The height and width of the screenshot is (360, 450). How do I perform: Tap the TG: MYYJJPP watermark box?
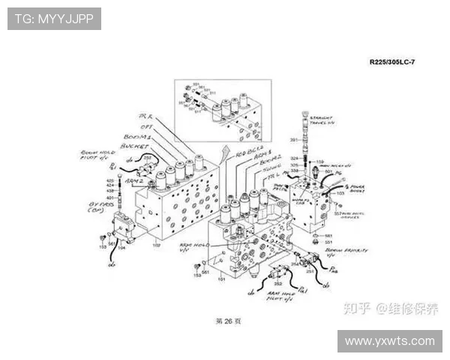coord(54,19)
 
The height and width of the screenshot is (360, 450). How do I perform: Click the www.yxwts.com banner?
coord(389,341)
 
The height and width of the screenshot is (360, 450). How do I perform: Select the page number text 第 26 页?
coord(228,320)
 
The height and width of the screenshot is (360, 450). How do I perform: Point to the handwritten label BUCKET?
coord(135,147)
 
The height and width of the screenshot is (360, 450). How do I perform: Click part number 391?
coord(294,140)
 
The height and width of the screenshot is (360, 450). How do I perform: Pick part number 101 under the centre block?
coord(221,279)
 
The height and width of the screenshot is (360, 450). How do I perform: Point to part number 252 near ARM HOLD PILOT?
coord(277,283)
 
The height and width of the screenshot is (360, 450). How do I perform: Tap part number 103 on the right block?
coord(340,193)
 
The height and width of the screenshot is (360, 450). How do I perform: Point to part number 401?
coord(109,197)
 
